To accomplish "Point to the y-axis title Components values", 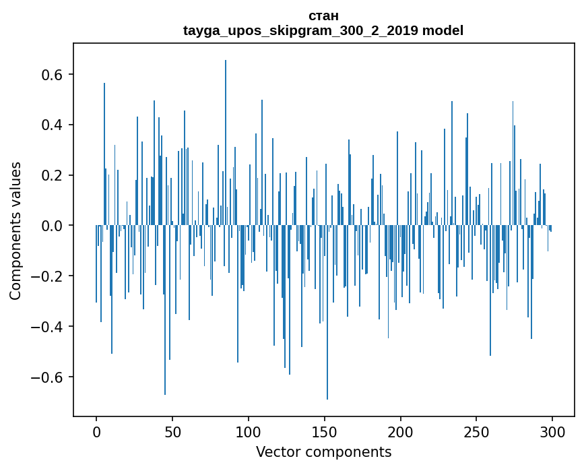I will click(15, 230).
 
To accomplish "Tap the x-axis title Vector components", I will click(323, 451).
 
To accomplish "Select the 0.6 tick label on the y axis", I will click(51, 74).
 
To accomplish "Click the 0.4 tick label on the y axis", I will click(51, 125).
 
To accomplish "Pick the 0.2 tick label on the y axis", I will click(51, 175).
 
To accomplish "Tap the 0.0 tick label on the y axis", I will click(51, 226).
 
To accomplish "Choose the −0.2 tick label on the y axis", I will click(46, 276).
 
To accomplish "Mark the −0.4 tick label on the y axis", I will click(46, 327).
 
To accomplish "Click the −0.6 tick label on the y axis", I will click(46, 377).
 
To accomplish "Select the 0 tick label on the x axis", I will click(96, 431).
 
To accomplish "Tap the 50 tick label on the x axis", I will click(172, 431).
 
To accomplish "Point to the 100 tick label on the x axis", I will click(249, 431).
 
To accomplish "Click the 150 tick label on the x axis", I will click(325, 431).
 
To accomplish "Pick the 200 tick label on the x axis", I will click(401, 431).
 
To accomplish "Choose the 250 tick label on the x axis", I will click(477, 431).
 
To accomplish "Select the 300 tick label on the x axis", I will click(552, 431).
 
